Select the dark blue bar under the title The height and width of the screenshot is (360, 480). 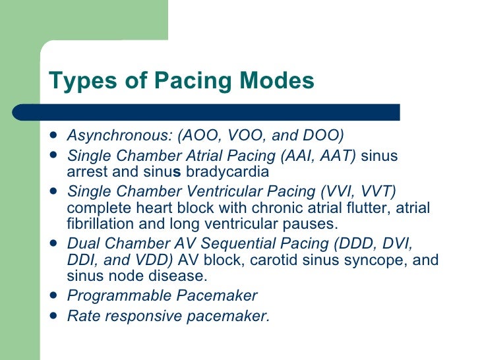224,111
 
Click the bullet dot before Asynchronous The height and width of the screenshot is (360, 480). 53,136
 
